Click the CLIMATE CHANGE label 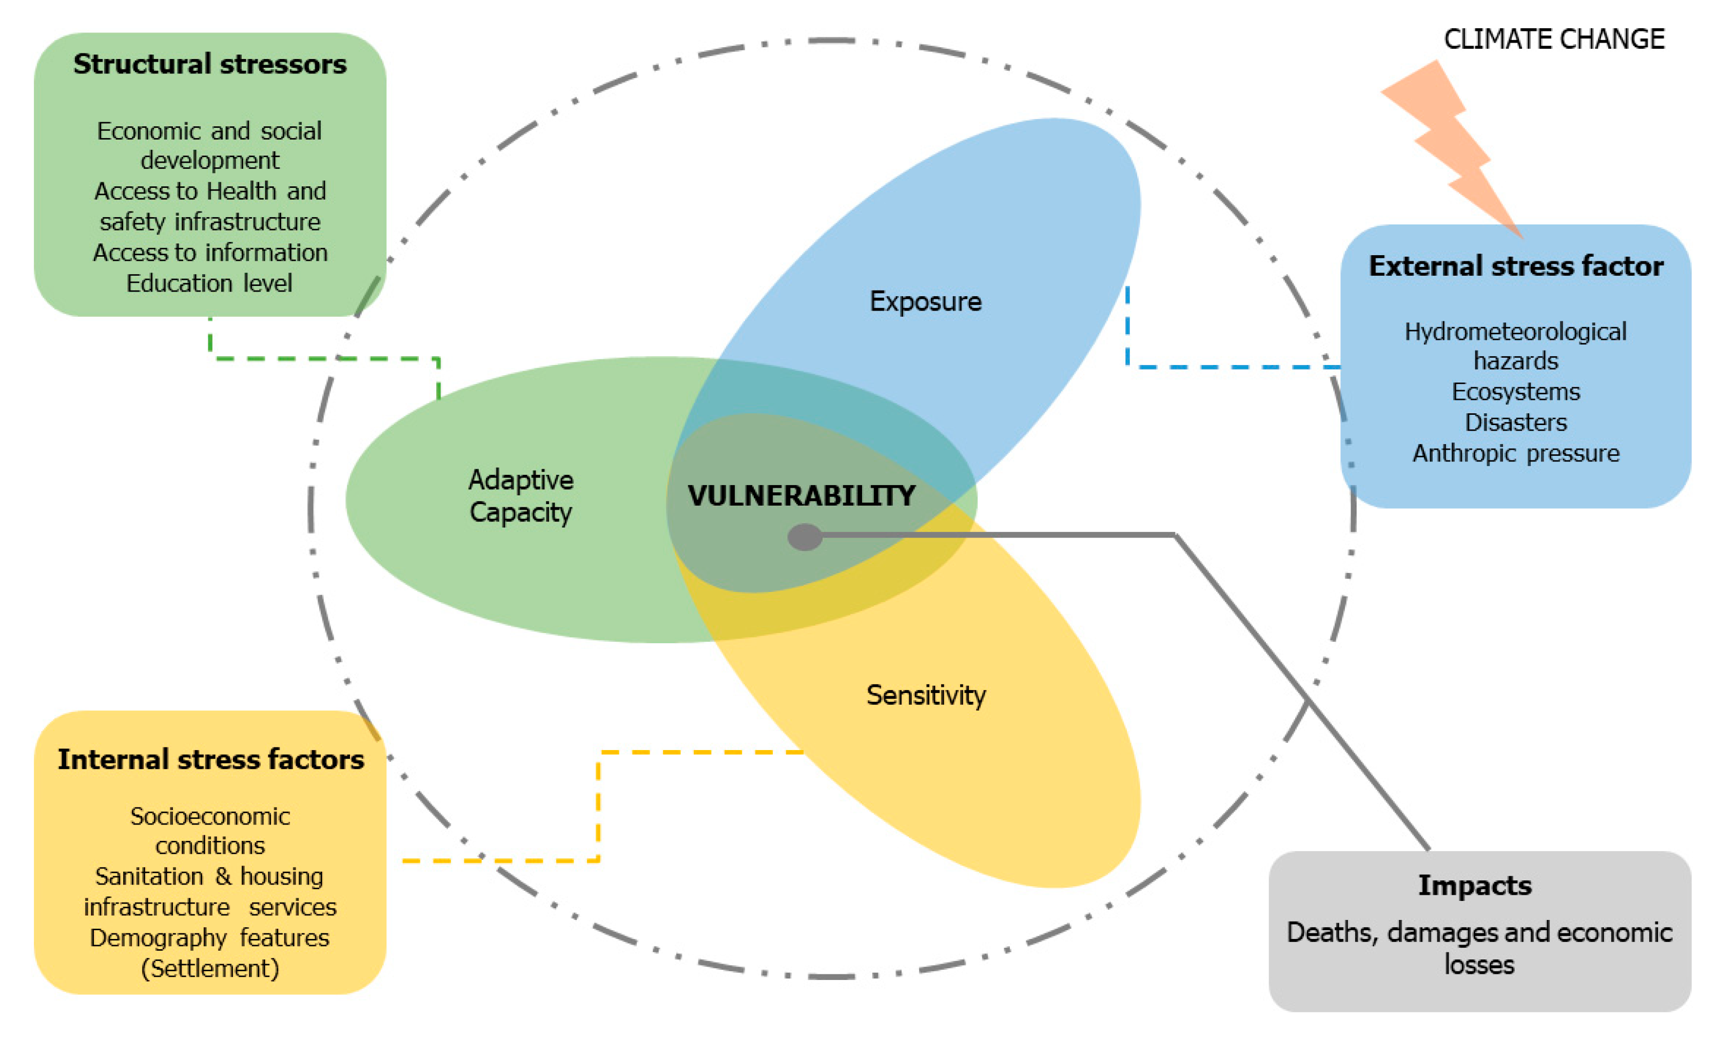[1553, 39]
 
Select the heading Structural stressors [210, 64]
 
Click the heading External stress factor [1516, 266]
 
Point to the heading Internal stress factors [210, 759]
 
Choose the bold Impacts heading [1475, 885]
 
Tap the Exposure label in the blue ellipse [925, 301]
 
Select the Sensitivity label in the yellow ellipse [926, 695]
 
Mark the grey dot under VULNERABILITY [805, 537]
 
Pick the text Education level [209, 283]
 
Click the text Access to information [210, 253]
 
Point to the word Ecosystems [1516, 392]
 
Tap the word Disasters [1516, 423]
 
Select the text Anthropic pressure [1516, 453]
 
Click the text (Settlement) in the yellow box [210, 969]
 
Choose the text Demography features [209, 938]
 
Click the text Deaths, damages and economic [1479, 932]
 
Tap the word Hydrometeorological [1515, 331]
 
